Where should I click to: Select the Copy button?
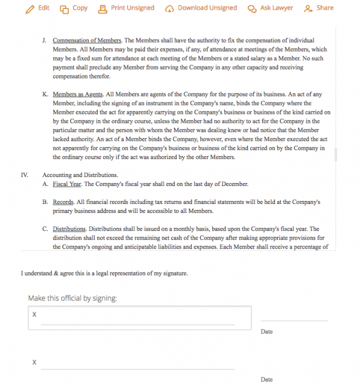(x=74, y=8)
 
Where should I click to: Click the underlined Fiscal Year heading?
(x=68, y=184)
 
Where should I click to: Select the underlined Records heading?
(x=63, y=202)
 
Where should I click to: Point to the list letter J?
(x=44, y=41)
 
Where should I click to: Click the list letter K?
(x=45, y=95)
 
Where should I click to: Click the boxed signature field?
(x=139, y=317)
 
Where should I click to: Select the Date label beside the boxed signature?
(x=267, y=331)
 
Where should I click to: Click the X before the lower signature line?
(x=34, y=362)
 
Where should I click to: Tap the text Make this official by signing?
(x=73, y=298)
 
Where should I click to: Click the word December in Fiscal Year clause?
(x=233, y=184)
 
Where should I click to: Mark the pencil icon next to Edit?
(x=29, y=9)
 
